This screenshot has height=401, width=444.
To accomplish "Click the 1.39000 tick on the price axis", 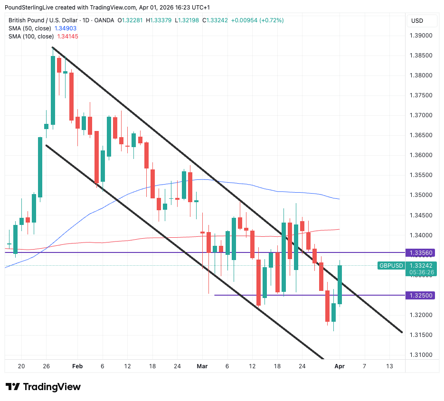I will coord(421,36).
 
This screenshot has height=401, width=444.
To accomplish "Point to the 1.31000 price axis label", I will coord(421,355).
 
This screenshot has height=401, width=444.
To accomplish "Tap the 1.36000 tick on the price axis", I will coord(421,155).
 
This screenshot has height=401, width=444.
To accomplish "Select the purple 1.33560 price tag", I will coord(421,252).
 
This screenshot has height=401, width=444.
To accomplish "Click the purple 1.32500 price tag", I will coord(421,295).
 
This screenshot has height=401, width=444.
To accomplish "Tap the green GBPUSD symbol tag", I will coord(391,266).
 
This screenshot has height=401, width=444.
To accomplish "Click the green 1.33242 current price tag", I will coord(421,266).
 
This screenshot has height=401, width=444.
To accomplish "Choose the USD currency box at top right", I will coord(417,21).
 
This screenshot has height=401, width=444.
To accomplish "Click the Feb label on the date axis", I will coord(77,366).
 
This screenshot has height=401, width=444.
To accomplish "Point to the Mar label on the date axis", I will coord(202,366).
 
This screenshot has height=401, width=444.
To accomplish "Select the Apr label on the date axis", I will coord(339,366).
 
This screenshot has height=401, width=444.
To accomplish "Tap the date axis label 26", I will coord(47,366).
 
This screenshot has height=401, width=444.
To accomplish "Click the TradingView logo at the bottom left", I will coord(43,387).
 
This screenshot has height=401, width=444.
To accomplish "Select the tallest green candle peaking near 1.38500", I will coord(53,90).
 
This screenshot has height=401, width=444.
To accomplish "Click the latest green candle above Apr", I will coord(340,285).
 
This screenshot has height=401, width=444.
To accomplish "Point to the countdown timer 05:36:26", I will coord(421,272).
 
